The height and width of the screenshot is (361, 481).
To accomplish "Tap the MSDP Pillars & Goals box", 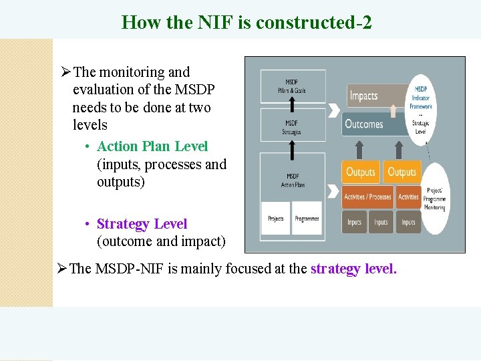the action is point(292,86).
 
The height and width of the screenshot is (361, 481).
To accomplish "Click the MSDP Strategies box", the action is point(292,127).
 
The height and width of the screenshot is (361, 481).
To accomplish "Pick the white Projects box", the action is point(275,219).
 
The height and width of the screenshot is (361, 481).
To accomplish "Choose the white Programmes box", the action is point(307,219).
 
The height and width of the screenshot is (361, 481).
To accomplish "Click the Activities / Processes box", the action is point(367,197).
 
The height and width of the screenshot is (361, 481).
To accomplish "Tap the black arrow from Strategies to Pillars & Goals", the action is point(292,104).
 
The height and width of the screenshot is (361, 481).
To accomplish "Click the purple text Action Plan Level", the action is point(152,146).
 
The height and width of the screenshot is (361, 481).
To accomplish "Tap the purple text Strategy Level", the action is point(142,224).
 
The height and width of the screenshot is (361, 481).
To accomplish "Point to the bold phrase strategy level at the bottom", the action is point(353,269).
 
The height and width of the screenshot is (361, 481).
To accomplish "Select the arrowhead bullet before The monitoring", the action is point(65,72).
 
